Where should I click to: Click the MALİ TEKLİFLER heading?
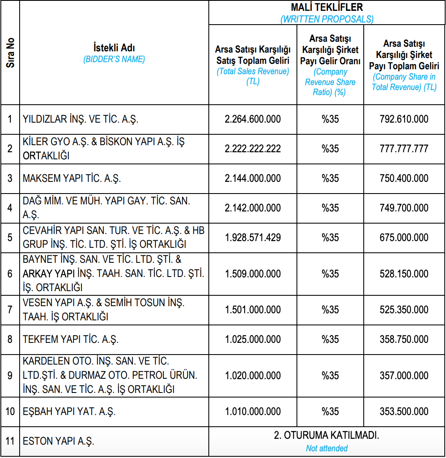(327, 8)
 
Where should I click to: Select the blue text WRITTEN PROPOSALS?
(327, 19)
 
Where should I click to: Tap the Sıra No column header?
(10, 53)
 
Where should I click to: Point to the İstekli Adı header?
(114, 48)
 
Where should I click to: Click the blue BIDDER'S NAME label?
(114, 59)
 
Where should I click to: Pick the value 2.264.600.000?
(253, 119)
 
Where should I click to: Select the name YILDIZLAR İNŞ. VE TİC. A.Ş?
(81, 119)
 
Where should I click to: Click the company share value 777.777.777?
(404, 149)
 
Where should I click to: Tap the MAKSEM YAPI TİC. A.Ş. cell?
(72, 179)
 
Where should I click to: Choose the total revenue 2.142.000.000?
(253, 208)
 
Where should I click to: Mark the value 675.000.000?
(404, 238)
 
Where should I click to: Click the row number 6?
(10, 274)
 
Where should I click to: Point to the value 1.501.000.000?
(253, 310)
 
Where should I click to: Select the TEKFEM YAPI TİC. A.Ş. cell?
(71, 340)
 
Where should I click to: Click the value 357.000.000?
(404, 376)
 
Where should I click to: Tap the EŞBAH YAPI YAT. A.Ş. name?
(69, 412)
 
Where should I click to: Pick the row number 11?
(10, 441)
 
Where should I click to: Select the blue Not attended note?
(327, 448)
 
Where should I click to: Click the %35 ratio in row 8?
(330, 340)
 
